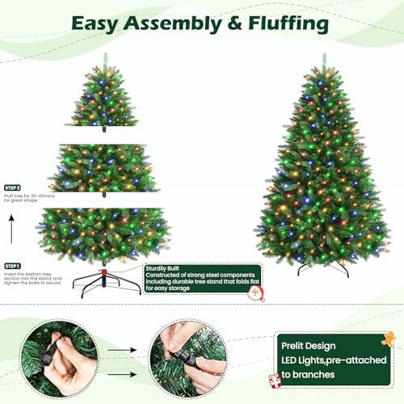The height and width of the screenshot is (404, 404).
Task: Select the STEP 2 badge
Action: click(12, 187)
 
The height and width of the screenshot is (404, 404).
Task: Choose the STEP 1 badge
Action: click(12, 266)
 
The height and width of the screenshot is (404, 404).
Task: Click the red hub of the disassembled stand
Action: click(104, 271)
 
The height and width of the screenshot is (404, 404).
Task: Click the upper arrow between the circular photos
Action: click(122, 350)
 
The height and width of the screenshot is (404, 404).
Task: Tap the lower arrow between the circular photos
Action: click(122, 374)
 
